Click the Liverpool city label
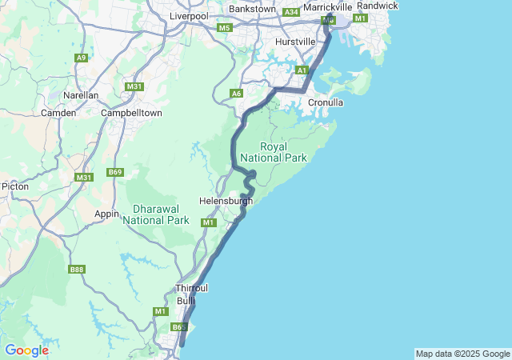point(188,16)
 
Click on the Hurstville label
point(295,41)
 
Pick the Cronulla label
point(326,102)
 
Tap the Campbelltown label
point(132,113)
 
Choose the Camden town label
point(58,113)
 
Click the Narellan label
point(81,95)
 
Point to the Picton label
point(15,186)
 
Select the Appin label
point(106,214)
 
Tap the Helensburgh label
point(226,201)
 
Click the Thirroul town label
point(191,288)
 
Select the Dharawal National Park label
point(155,214)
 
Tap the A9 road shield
point(81,58)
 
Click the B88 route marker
point(77,270)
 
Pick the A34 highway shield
point(291,12)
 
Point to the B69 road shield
point(116,172)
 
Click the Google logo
point(26,350)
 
